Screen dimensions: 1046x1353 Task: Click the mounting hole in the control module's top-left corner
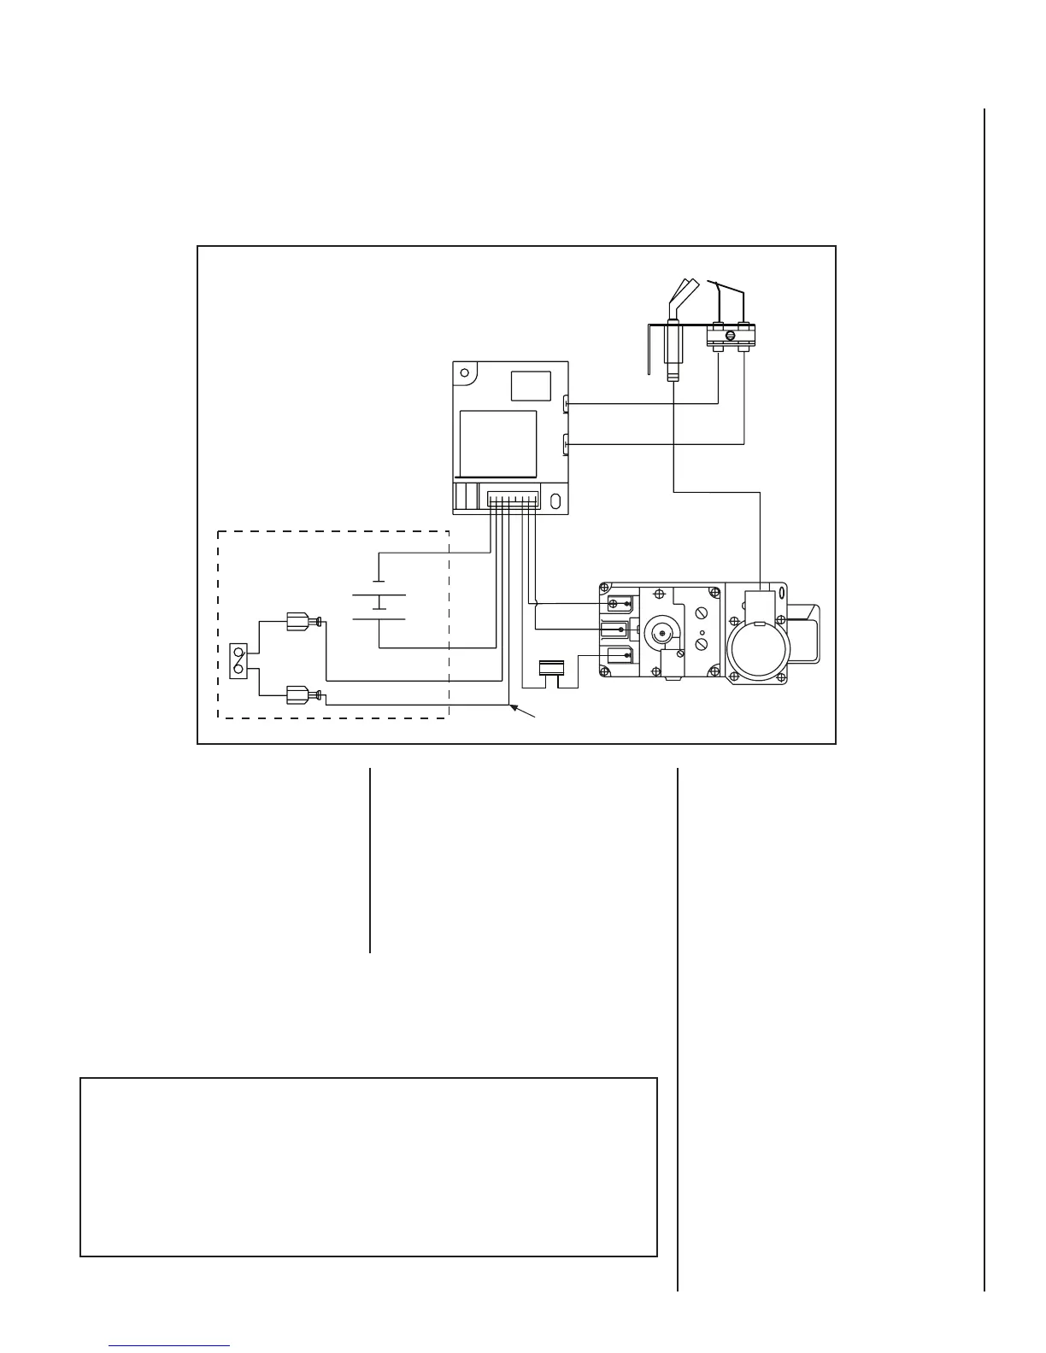(x=463, y=373)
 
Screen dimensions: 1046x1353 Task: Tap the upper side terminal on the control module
(x=567, y=402)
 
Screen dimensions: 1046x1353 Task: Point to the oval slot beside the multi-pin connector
(x=556, y=501)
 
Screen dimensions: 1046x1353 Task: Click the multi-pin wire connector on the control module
(x=513, y=498)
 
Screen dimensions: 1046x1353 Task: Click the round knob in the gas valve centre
(x=658, y=632)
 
